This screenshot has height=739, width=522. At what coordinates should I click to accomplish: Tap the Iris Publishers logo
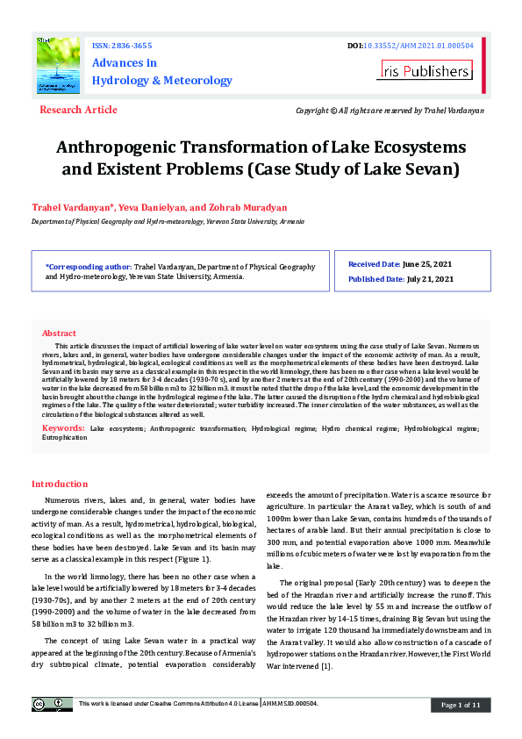point(425,70)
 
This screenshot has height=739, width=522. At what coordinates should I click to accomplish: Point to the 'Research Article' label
point(78,110)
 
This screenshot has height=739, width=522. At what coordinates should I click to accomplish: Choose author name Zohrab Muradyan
point(250,207)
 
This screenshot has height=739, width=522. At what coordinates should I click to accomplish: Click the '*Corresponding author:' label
point(88,265)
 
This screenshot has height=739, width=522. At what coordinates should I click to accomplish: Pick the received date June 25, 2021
point(428,263)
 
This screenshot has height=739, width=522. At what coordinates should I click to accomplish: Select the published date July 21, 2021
point(430,279)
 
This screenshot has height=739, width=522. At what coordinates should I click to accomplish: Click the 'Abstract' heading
point(59,334)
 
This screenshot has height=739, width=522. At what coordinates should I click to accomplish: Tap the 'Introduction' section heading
point(60,484)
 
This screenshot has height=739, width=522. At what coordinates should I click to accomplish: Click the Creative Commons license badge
point(53,704)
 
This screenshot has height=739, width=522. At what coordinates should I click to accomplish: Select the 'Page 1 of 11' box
point(460,705)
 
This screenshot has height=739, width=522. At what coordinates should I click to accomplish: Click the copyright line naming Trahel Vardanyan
point(390,111)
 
